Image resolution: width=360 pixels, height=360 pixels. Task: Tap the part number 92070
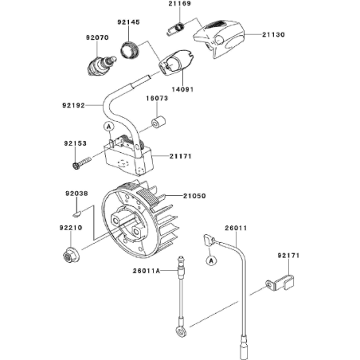click(97, 37)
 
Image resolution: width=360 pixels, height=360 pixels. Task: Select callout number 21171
click(182, 157)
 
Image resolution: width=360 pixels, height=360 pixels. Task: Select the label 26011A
click(149, 271)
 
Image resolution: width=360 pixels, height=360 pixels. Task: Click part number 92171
click(291, 256)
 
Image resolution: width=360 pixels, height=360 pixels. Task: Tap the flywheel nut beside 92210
click(70, 256)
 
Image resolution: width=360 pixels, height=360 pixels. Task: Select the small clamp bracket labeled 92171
click(280, 281)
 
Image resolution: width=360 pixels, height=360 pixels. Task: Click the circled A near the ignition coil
click(106, 125)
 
